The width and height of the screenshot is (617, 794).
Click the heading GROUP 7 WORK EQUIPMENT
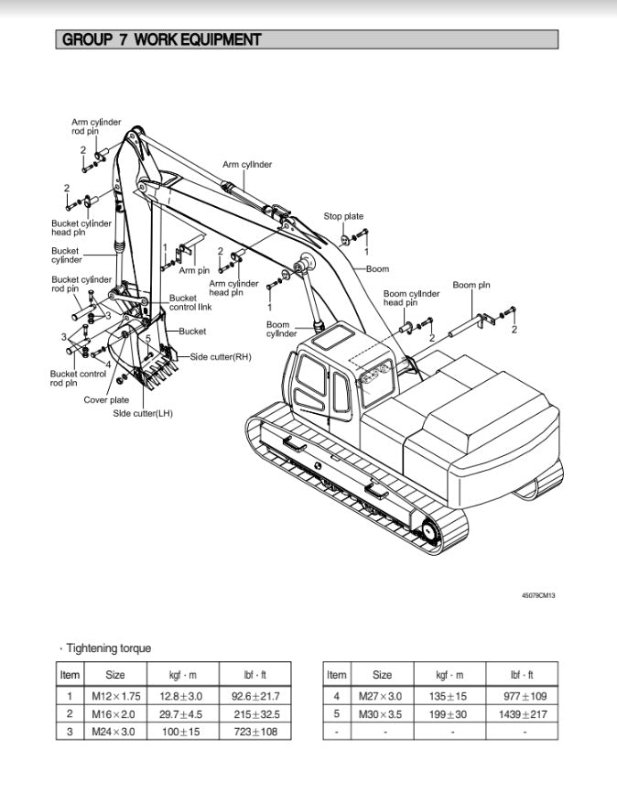tap(161, 40)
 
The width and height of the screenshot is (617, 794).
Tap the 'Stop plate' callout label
tap(343, 217)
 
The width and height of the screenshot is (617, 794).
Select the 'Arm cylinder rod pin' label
tap(96, 126)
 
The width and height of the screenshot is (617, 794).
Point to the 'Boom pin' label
tap(471, 285)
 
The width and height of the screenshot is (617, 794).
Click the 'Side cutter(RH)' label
tap(221, 356)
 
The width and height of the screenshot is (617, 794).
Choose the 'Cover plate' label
tap(106, 400)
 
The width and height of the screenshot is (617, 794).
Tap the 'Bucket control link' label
tap(190, 302)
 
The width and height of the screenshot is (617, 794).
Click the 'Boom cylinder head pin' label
tap(411, 299)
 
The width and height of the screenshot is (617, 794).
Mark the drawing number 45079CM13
tap(538, 595)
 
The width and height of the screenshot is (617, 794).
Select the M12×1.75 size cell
tap(115, 697)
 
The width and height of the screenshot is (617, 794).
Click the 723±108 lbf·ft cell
tap(255, 732)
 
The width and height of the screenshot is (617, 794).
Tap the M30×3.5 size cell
tap(381, 714)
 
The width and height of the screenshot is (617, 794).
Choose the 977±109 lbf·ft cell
tap(525, 697)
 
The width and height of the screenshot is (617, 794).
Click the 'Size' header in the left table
tap(115, 675)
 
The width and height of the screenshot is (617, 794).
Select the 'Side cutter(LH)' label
tap(143, 414)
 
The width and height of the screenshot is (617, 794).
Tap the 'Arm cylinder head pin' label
tap(233, 288)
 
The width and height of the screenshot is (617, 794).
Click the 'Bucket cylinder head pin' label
tap(81, 228)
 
